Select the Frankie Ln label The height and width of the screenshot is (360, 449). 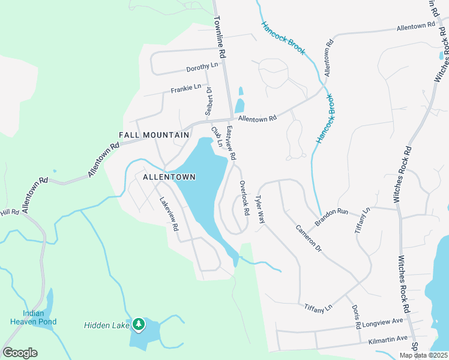(x=185, y=88)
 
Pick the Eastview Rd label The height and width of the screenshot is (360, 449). (x=230, y=142)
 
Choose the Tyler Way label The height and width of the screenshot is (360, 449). (x=260, y=209)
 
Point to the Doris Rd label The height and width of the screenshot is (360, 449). (x=356, y=316)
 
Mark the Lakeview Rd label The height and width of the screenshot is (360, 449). (x=169, y=215)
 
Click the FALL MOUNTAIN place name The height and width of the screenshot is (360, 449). (x=154, y=135)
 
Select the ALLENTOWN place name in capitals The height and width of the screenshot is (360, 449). (x=169, y=177)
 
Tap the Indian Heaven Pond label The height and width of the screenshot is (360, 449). (x=33, y=317)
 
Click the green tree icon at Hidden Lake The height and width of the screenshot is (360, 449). (x=139, y=324)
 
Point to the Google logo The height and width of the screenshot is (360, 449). (x=20, y=353)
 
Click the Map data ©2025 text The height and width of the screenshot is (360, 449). (x=423, y=356)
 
